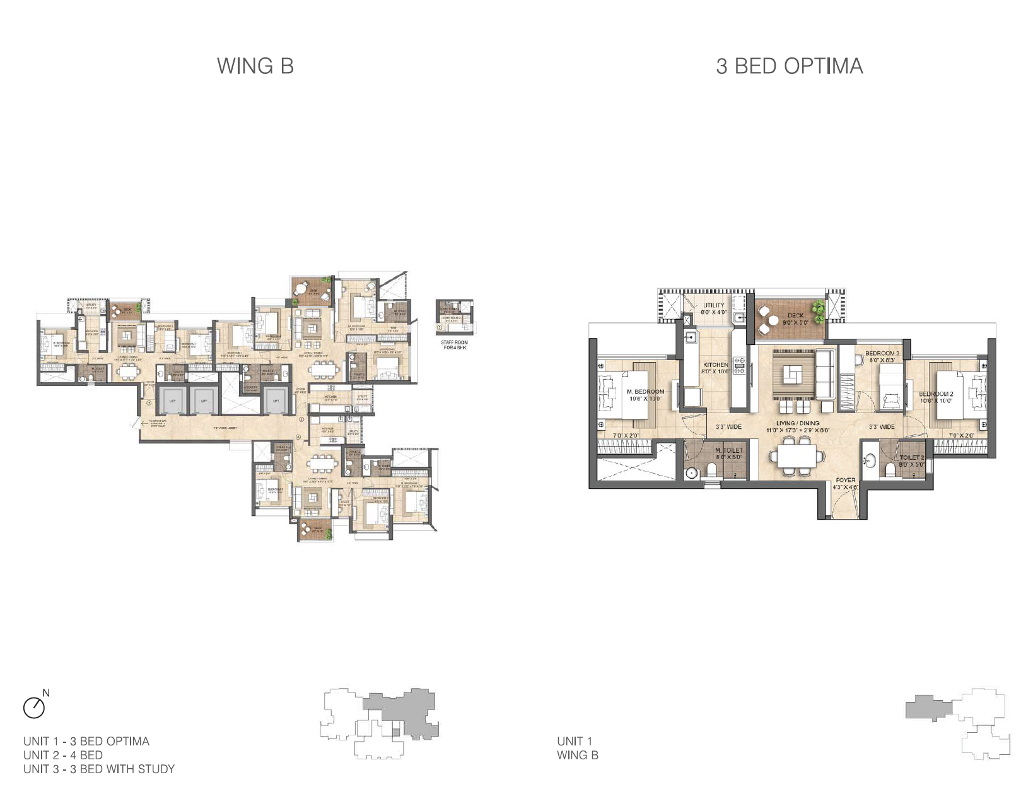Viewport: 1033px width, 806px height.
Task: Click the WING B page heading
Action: coord(255,66)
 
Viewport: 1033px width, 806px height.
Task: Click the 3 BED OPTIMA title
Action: coord(789,66)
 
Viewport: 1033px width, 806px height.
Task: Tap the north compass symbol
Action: coord(35,707)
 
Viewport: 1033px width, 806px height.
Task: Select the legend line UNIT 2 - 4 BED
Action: coord(63,755)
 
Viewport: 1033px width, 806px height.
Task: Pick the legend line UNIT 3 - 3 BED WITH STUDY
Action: coord(99,769)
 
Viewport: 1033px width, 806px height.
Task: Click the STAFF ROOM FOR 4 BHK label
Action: coord(454,345)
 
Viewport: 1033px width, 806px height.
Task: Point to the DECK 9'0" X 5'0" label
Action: coord(795,319)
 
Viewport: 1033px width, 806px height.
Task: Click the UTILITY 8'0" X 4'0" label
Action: coord(714,308)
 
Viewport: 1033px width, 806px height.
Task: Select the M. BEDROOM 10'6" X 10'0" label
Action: coord(645,395)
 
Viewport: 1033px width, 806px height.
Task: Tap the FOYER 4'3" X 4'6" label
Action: coord(845,483)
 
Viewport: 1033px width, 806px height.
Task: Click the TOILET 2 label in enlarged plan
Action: coord(911,461)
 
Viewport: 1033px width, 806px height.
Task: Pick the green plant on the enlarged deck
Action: coord(818,308)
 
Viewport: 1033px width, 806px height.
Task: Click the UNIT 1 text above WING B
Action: coord(574,741)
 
